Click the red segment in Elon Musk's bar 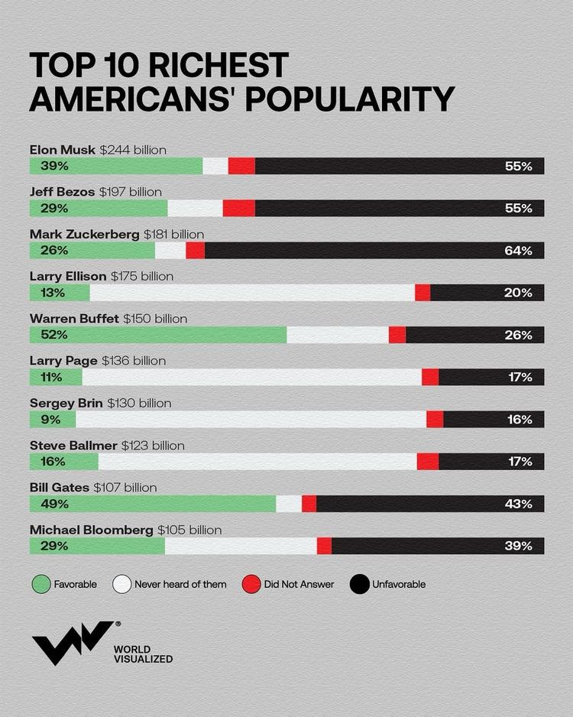[x=241, y=166]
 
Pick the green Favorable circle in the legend [x=41, y=584]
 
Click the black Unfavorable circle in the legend [x=359, y=584]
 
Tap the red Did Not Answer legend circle [x=251, y=584]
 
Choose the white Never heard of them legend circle [x=121, y=584]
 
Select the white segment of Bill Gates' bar [x=289, y=504]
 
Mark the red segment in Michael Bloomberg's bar [x=324, y=546]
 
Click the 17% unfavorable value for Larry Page [x=519, y=377]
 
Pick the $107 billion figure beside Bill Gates [x=125, y=487]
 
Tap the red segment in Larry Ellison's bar [x=422, y=293]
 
